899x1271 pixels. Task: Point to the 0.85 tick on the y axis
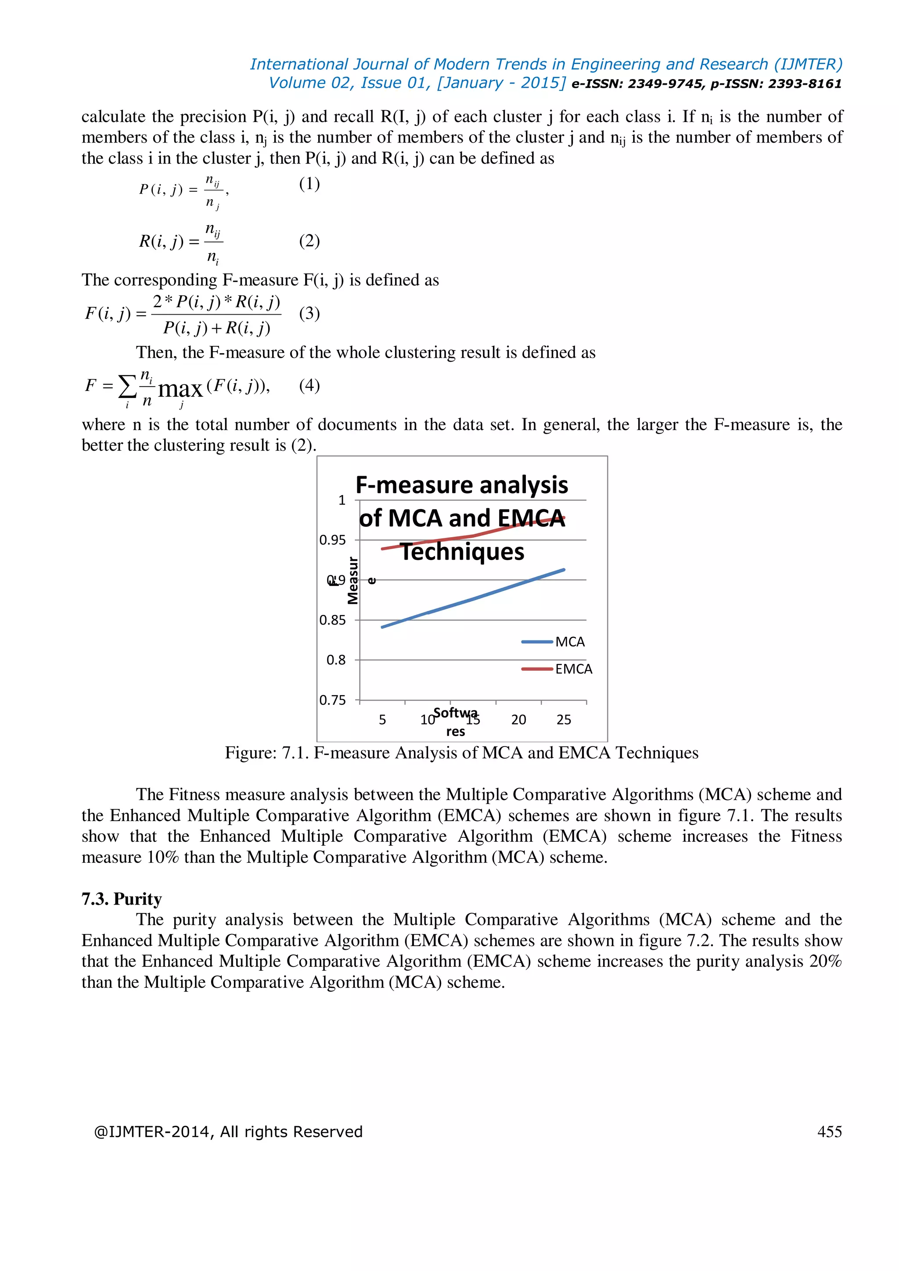pyautogui.click(x=332, y=620)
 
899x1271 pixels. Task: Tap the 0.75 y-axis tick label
pyautogui.click(x=332, y=700)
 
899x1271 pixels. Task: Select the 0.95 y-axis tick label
pyautogui.click(x=332, y=540)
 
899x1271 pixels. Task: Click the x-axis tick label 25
pyautogui.click(x=564, y=720)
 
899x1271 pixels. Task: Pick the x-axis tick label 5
pyautogui.click(x=382, y=720)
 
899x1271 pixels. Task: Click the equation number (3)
pyautogui.click(x=309, y=313)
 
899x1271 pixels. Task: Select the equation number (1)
pyautogui.click(x=309, y=184)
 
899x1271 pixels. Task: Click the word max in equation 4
pyautogui.click(x=180, y=389)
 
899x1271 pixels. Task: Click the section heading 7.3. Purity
pyautogui.click(x=122, y=899)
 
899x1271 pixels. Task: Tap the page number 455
pyautogui.click(x=829, y=1131)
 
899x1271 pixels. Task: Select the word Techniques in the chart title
pyautogui.click(x=462, y=552)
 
